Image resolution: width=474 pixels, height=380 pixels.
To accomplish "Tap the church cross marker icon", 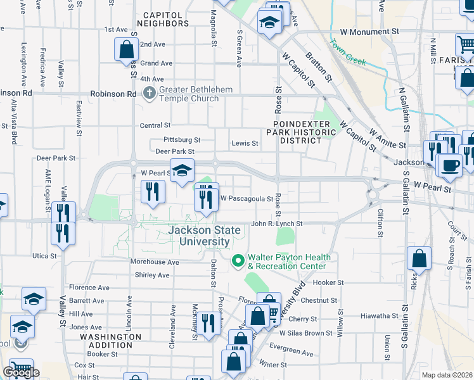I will point(150,94).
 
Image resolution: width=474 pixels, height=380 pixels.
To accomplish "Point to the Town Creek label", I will point(347,53).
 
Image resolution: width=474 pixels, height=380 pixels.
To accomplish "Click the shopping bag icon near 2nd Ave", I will point(126,49).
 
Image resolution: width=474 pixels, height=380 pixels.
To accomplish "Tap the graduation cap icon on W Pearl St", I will point(181,170).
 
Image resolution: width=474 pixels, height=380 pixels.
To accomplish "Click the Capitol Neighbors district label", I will point(166,19).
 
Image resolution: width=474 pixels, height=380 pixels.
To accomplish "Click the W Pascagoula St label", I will point(247,198).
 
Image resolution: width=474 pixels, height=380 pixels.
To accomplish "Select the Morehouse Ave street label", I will point(155,262).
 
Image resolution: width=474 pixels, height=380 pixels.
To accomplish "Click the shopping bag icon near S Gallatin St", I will point(419,258).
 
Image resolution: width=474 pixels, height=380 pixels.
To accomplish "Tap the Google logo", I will point(20,372).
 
